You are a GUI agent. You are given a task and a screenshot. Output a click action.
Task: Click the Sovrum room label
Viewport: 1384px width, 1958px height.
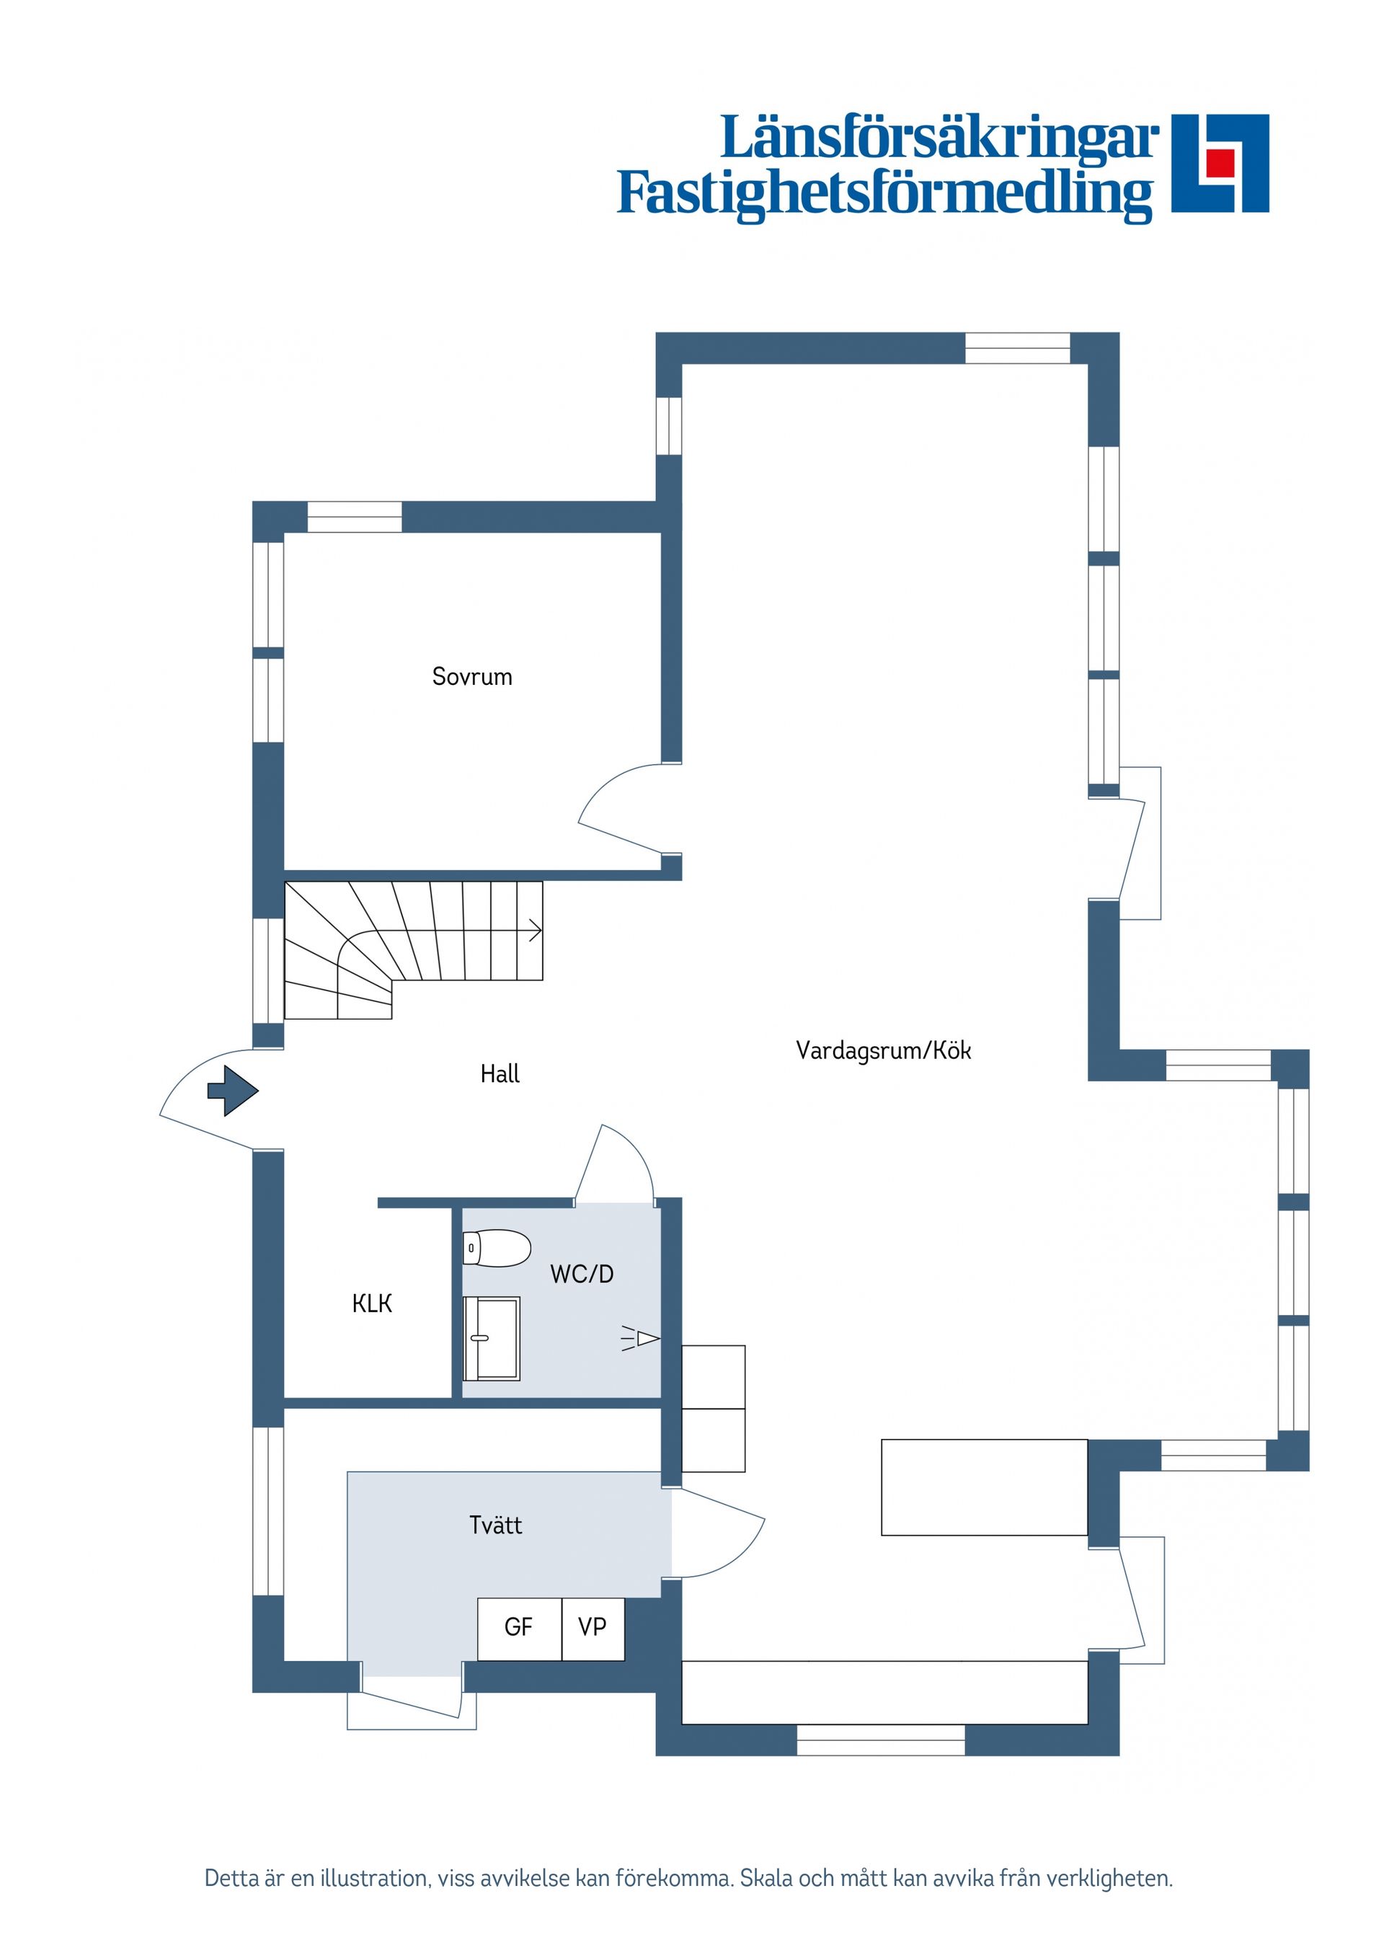point(471,677)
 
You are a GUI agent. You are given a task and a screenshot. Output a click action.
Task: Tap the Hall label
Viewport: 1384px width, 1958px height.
point(500,1073)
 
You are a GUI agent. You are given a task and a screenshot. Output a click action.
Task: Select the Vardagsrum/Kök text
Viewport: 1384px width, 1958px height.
point(884,1050)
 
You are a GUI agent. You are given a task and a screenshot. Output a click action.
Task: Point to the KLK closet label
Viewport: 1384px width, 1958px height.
point(372,1304)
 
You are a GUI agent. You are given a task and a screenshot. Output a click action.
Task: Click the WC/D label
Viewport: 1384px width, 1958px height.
point(582,1274)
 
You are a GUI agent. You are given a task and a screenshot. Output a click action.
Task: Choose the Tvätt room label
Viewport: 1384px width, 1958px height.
point(495,1525)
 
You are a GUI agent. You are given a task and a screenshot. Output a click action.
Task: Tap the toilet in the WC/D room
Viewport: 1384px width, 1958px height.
point(497,1249)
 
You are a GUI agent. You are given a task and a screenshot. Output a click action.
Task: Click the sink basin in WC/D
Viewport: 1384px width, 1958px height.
point(491,1338)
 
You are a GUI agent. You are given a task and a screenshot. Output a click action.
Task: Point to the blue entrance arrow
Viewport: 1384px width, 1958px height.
point(232,1091)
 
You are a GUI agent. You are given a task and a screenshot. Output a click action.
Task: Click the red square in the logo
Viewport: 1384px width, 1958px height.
point(1220,162)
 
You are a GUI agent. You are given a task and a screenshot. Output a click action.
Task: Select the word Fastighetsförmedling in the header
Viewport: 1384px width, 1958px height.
point(885,194)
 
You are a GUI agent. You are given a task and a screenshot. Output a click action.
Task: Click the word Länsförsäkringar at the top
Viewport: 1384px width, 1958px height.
point(940,138)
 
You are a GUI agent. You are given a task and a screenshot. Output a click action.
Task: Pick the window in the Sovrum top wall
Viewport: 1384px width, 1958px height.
point(355,518)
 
